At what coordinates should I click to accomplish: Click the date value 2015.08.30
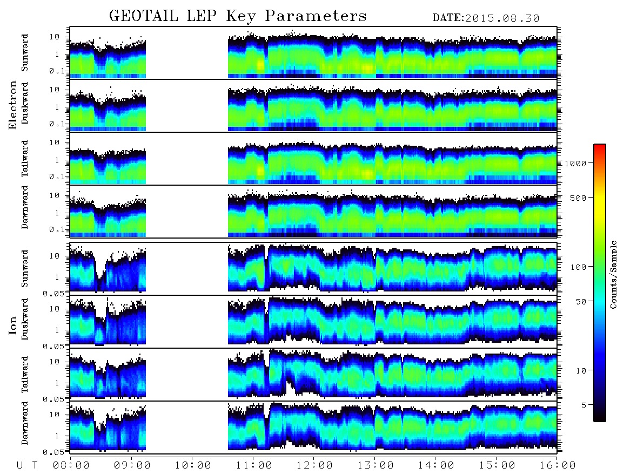pos(502,18)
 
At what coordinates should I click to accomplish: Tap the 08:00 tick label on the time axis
pos(71,466)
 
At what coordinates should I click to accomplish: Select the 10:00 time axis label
pos(193,466)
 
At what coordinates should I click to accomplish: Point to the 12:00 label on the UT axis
pos(314,466)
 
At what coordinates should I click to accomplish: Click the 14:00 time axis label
pos(436,466)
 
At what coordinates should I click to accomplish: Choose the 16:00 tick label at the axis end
pos(558,466)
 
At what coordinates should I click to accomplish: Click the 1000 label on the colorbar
pos(575,164)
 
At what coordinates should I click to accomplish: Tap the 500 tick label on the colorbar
pos(578,198)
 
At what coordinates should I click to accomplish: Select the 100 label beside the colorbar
pos(578,267)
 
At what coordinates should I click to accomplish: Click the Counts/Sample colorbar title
pos(613,275)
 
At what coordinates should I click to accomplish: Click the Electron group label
pos(12,105)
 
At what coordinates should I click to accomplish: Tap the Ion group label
pos(12,326)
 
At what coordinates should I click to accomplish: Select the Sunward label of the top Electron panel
pos(25,53)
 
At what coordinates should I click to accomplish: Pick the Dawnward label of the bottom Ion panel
pos(25,423)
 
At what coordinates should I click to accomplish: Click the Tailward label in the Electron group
pos(25,159)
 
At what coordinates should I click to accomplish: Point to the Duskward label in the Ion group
pos(25,319)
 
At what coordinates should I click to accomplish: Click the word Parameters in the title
pos(316,16)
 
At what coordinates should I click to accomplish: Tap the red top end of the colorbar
pos(599,146)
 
